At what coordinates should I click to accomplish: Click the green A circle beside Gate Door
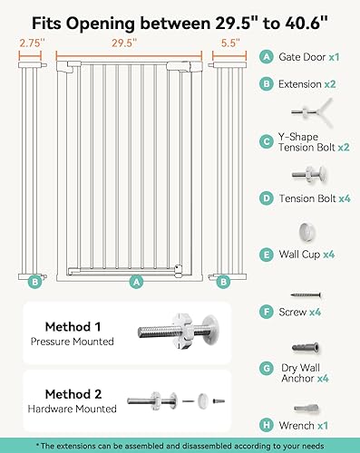click(266, 55)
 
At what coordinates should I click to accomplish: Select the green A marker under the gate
click(137, 282)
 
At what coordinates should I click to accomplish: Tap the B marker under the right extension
click(222, 282)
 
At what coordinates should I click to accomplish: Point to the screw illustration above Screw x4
click(306, 294)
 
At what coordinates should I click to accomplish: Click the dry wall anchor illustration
click(306, 348)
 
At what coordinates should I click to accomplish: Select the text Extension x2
click(314, 83)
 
